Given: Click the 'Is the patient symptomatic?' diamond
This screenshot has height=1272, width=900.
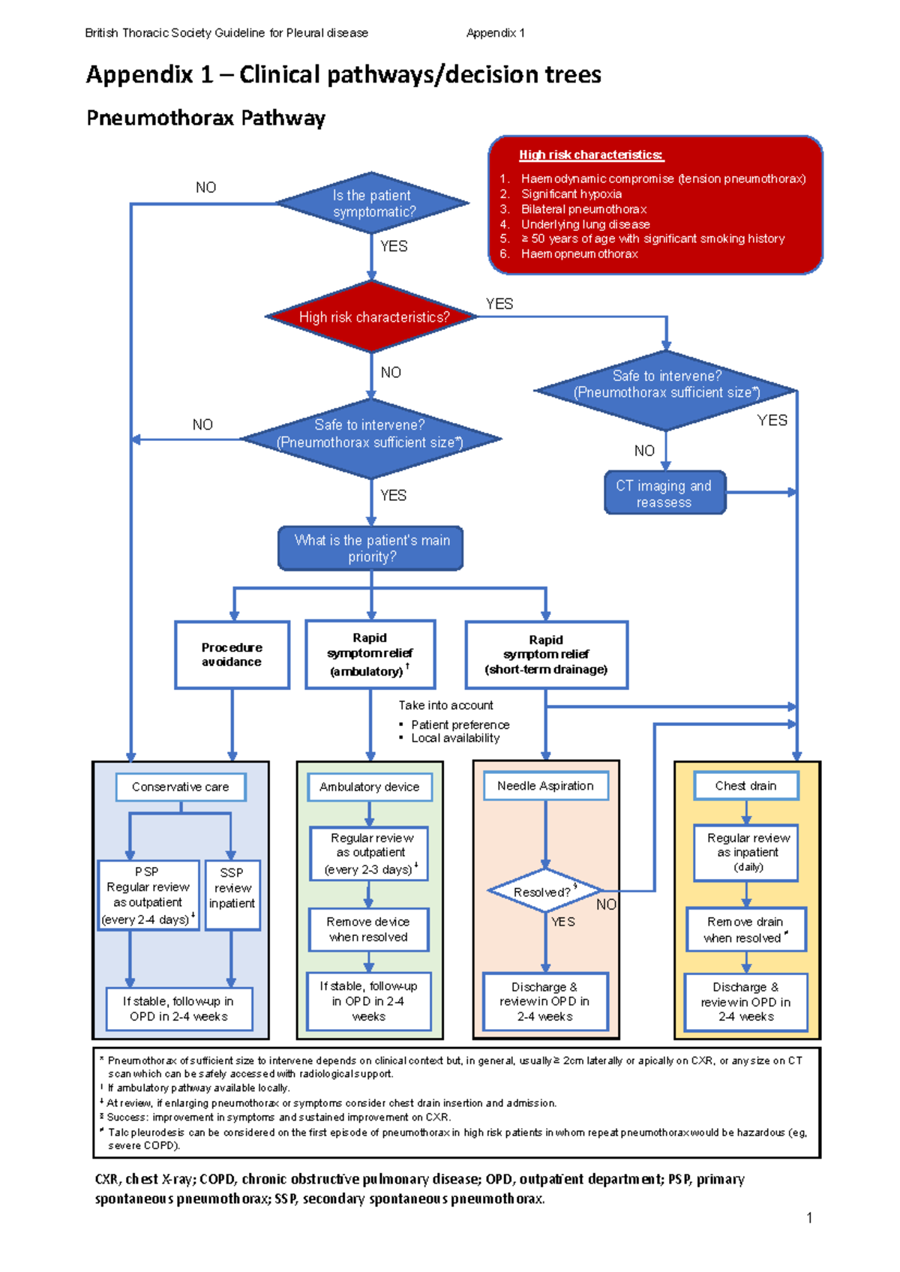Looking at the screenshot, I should pos(372,203).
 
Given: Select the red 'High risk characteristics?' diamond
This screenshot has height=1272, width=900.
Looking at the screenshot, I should pos(373,317).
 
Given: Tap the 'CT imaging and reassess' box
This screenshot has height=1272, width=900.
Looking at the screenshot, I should pos(664,493).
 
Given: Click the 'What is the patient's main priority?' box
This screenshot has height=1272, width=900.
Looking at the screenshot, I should pos(371,548).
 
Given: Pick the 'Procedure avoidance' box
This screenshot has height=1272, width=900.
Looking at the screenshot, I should pos(232,655).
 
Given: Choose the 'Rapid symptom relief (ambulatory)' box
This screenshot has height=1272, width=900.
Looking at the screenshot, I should pos(370,655).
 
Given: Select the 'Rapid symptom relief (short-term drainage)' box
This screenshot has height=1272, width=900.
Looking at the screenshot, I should pos(546,655).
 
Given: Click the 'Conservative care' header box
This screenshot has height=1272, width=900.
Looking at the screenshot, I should pos(181,787).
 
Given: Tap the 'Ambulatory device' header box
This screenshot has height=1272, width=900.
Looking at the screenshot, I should pos(370,787).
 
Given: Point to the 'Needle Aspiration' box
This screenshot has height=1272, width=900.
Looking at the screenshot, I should pos(545,786).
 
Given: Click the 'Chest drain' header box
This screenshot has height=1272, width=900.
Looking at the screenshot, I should pos(745,786).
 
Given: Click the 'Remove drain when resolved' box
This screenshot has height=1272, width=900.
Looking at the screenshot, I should pos(745,930).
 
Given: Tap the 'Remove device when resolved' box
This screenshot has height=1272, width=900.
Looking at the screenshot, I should pos(369,930).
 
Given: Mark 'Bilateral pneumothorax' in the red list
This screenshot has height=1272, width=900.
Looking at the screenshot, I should pos(583,209).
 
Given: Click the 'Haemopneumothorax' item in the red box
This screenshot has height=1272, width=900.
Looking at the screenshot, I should pos(579,254).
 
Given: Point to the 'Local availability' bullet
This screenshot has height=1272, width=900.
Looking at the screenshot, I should pos(454,739).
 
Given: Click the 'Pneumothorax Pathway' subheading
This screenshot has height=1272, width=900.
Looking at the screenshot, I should pos(205,118).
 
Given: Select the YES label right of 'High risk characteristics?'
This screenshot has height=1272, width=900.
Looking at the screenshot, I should pos(499,304).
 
